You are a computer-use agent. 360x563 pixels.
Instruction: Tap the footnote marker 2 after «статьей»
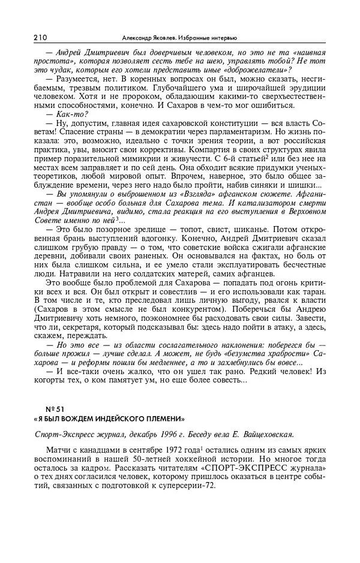click(269, 156)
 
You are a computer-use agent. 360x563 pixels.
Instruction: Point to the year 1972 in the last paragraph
click(182, 450)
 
